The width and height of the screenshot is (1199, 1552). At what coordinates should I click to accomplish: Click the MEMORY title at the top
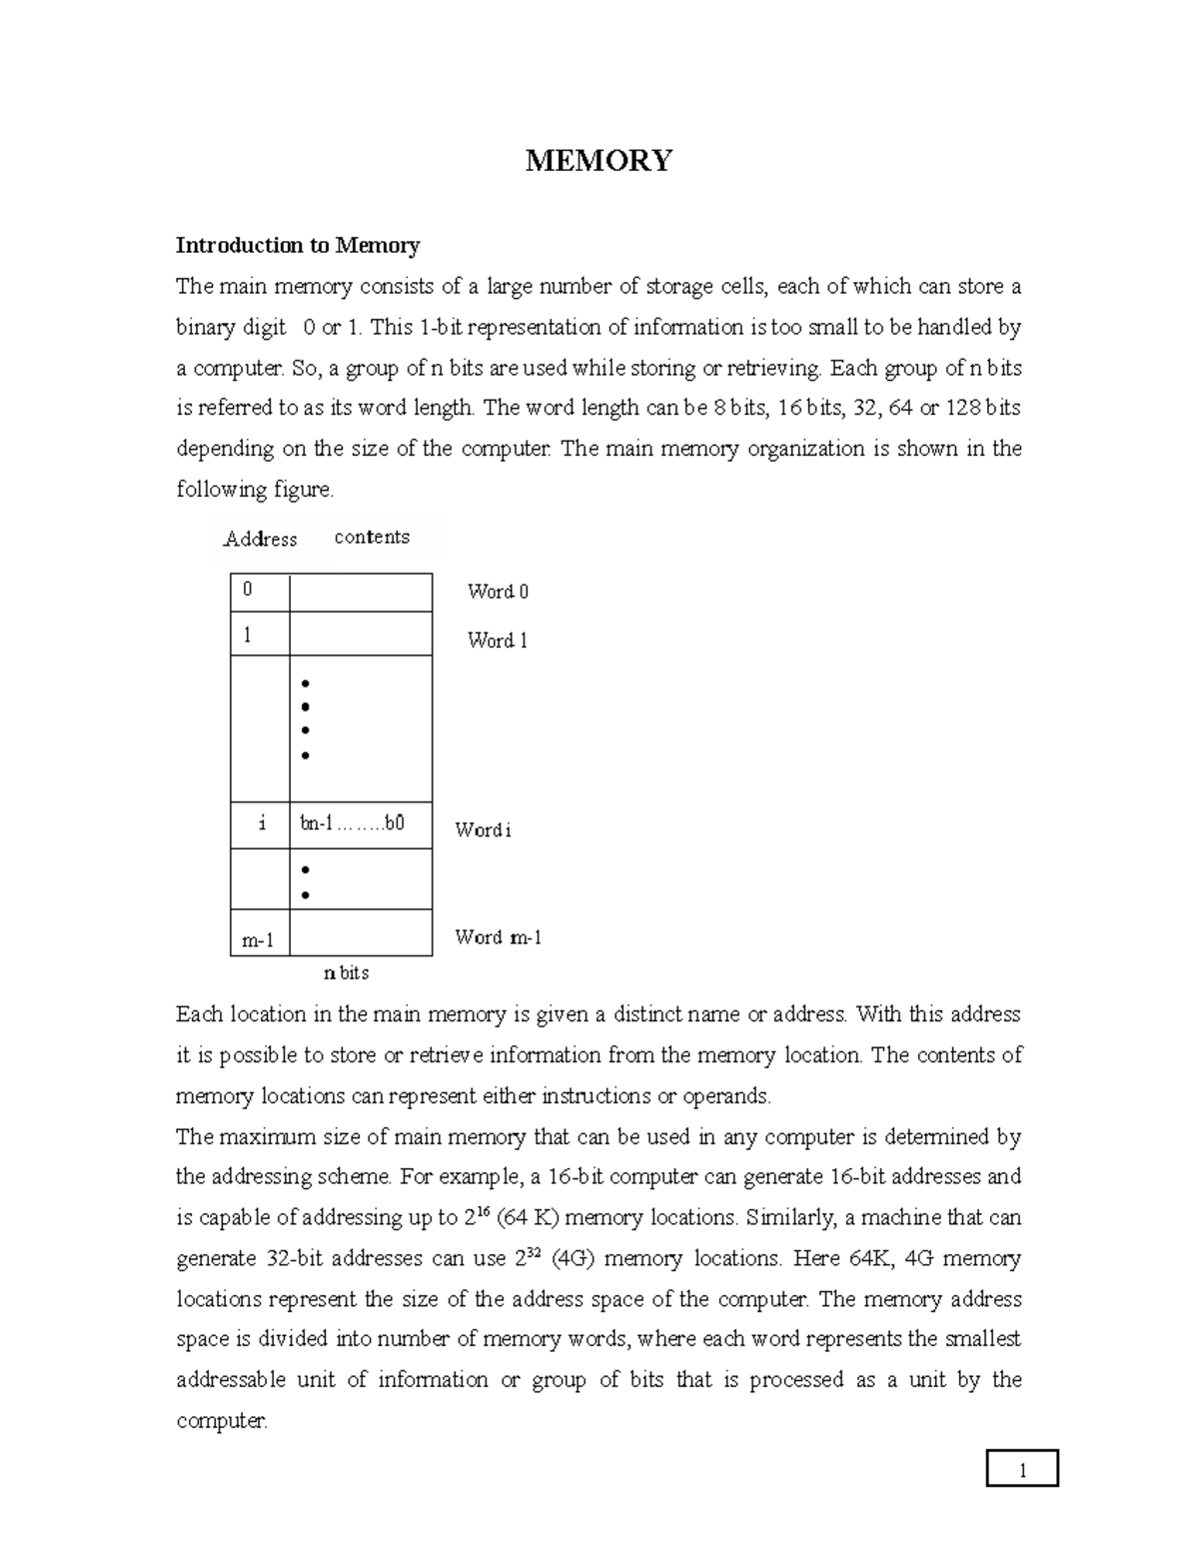pos(599,160)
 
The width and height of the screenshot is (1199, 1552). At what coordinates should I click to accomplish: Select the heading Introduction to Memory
pos(298,245)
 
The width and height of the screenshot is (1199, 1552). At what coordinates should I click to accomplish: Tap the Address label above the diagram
pos(260,539)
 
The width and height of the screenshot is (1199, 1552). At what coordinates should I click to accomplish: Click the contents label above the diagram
pos(372,537)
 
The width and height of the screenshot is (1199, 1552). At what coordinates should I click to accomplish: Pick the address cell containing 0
pos(259,592)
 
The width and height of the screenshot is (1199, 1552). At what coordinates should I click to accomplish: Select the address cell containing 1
pos(259,634)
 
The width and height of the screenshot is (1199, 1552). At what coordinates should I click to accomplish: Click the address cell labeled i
pos(260,824)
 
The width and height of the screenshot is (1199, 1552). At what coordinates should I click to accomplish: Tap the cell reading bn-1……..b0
pos(360,824)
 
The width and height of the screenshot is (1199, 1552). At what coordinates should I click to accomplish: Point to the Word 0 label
pos(498,592)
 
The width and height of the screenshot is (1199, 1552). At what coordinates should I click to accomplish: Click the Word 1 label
pos(497,641)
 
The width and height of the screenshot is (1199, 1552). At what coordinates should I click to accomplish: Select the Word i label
pos(483,829)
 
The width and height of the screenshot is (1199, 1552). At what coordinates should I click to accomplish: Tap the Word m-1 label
pos(498,937)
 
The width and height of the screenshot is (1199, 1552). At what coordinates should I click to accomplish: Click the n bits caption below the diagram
pos(346,972)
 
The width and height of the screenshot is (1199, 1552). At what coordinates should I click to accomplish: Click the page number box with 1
pos(1021,1470)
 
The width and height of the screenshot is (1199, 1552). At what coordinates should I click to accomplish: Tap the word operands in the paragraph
pos(725,1096)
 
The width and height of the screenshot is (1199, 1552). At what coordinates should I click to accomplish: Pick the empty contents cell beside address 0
pos(360,592)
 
